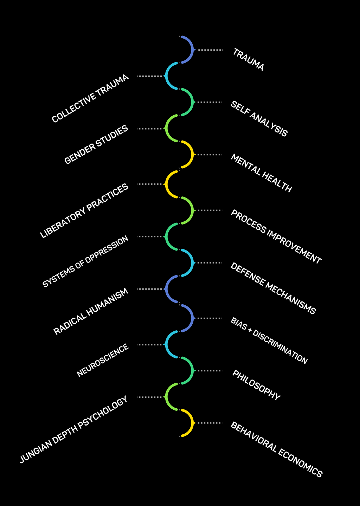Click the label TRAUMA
pyautogui.click(x=248, y=60)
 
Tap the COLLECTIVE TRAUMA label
pyautogui.click(x=90, y=99)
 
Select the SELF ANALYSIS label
pyautogui.click(x=259, y=119)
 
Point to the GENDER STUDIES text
pyautogui.click(x=96, y=145)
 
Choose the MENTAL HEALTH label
pyautogui.click(x=261, y=173)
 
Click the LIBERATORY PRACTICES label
pyautogui.click(x=84, y=211)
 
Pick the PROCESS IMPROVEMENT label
pyautogui.click(x=276, y=237)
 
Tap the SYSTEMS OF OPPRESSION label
pyautogui.click(x=86, y=262)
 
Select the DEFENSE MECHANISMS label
pyautogui.click(x=273, y=288)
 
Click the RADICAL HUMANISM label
pyautogui.click(x=91, y=311)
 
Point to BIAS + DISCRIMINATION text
pyautogui.click(x=269, y=340)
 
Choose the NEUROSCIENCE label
pyautogui.click(x=103, y=361)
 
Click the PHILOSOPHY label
pyautogui.click(x=256, y=385)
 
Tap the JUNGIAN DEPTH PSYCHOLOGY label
pyautogui.click(x=73, y=430)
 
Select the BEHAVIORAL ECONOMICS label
pyautogui.click(x=276, y=449)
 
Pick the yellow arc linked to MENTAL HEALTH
pyautogui.click(x=190, y=155)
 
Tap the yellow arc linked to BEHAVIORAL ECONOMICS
pyautogui.click(x=190, y=423)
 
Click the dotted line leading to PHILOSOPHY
pyautogui.click(x=210, y=371)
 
